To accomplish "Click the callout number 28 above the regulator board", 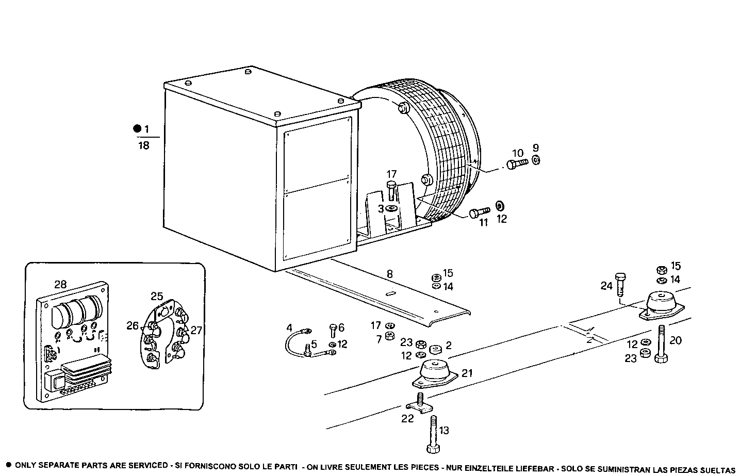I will click(x=60, y=284).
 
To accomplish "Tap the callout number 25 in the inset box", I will click(x=157, y=296).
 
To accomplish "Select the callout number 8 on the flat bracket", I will click(x=389, y=274).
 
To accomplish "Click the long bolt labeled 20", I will click(x=661, y=344).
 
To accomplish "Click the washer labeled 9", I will click(x=535, y=160).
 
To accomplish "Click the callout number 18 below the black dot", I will click(x=143, y=146).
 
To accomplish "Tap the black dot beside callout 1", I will click(x=137, y=128).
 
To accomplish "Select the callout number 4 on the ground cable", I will click(x=289, y=327).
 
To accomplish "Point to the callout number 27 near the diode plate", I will click(x=196, y=330).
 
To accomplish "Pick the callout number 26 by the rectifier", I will click(x=133, y=325).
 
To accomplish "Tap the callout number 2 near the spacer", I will click(x=449, y=345).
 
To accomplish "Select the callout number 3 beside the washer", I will click(x=381, y=208).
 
